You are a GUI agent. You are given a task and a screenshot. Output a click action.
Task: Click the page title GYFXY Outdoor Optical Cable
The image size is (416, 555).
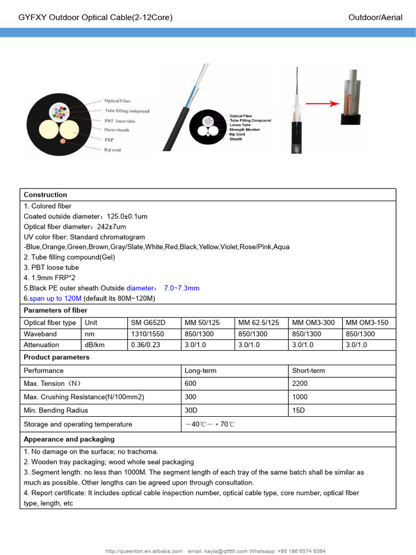95,17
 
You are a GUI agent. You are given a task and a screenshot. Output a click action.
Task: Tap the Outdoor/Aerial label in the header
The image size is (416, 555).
375,17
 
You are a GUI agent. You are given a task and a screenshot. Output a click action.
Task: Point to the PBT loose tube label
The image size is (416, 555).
119,121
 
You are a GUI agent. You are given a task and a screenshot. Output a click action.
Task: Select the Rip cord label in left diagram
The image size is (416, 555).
112,150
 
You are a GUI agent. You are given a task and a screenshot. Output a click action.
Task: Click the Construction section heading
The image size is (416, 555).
45,195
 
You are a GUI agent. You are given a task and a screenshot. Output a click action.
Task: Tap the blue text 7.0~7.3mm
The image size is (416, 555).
181,288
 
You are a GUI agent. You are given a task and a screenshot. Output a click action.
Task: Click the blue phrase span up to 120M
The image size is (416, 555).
55,298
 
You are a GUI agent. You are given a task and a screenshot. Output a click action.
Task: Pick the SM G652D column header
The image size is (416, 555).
148,322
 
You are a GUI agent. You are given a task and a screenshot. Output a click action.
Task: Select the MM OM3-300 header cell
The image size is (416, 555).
313,322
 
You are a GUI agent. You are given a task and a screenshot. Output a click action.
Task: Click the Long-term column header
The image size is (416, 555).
200,371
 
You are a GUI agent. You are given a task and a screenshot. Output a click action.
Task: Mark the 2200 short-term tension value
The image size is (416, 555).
300,384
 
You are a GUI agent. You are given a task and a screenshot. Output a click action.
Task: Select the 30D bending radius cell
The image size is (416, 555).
191,410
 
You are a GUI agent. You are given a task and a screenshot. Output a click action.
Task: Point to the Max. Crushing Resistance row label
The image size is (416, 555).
84,397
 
